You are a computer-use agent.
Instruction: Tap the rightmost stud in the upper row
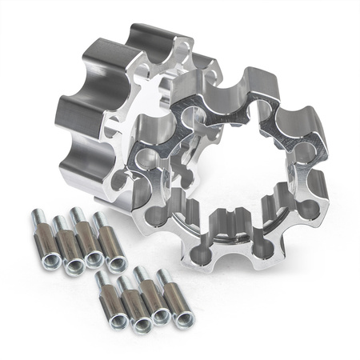pos(110,246)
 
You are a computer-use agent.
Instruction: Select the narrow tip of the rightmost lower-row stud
pos(166,277)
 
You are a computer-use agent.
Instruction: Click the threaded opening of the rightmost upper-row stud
pos(118,264)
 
